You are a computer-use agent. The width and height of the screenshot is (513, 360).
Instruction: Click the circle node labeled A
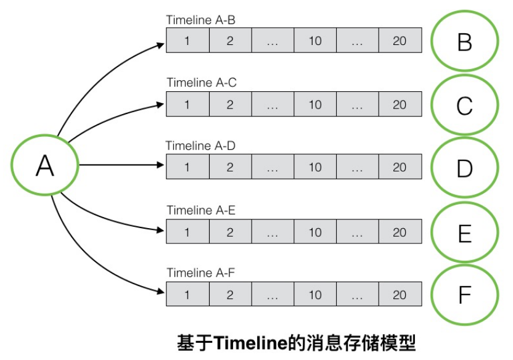(x=45, y=165)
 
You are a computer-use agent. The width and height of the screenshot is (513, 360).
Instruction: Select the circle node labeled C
(x=464, y=105)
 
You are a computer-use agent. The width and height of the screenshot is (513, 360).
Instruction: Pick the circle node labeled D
(x=464, y=168)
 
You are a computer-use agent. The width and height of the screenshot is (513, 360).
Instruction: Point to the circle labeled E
(x=464, y=233)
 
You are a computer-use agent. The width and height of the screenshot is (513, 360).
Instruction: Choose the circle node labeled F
(x=464, y=295)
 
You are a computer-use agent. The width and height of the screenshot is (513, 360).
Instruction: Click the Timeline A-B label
(x=200, y=20)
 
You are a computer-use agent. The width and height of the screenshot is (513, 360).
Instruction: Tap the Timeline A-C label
(x=201, y=83)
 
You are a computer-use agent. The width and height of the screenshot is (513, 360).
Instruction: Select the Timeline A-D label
(x=200, y=146)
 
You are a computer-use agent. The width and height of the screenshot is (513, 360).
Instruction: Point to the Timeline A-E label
(x=201, y=210)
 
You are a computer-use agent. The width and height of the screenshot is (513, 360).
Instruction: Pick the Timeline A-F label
(x=200, y=272)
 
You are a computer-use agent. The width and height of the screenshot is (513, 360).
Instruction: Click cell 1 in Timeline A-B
(x=187, y=41)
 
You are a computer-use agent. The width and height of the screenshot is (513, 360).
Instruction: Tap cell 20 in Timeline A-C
(x=400, y=104)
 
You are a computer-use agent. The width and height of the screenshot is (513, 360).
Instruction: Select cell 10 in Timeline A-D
(x=315, y=167)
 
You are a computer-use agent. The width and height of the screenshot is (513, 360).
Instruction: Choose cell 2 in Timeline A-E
(x=230, y=232)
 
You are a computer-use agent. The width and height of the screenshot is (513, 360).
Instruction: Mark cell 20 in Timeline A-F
(x=400, y=295)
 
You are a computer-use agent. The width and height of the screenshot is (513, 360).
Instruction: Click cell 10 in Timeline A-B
(x=315, y=41)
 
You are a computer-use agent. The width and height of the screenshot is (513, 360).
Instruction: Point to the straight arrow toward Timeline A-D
(x=120, y=165)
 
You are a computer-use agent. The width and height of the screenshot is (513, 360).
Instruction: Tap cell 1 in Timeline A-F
(x=187, y=295)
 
